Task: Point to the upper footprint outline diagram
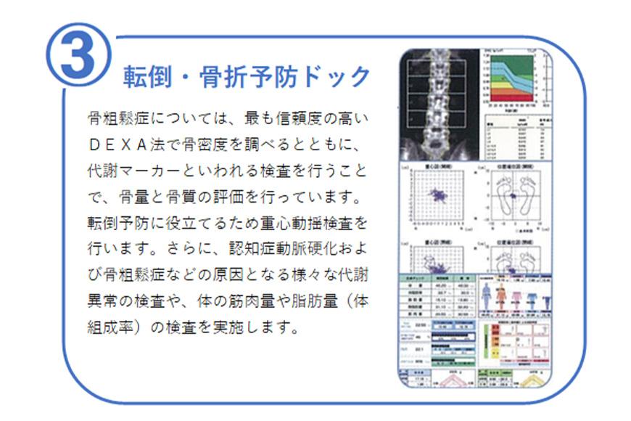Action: pos(516,196)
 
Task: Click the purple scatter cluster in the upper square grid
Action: pos(438,195)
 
